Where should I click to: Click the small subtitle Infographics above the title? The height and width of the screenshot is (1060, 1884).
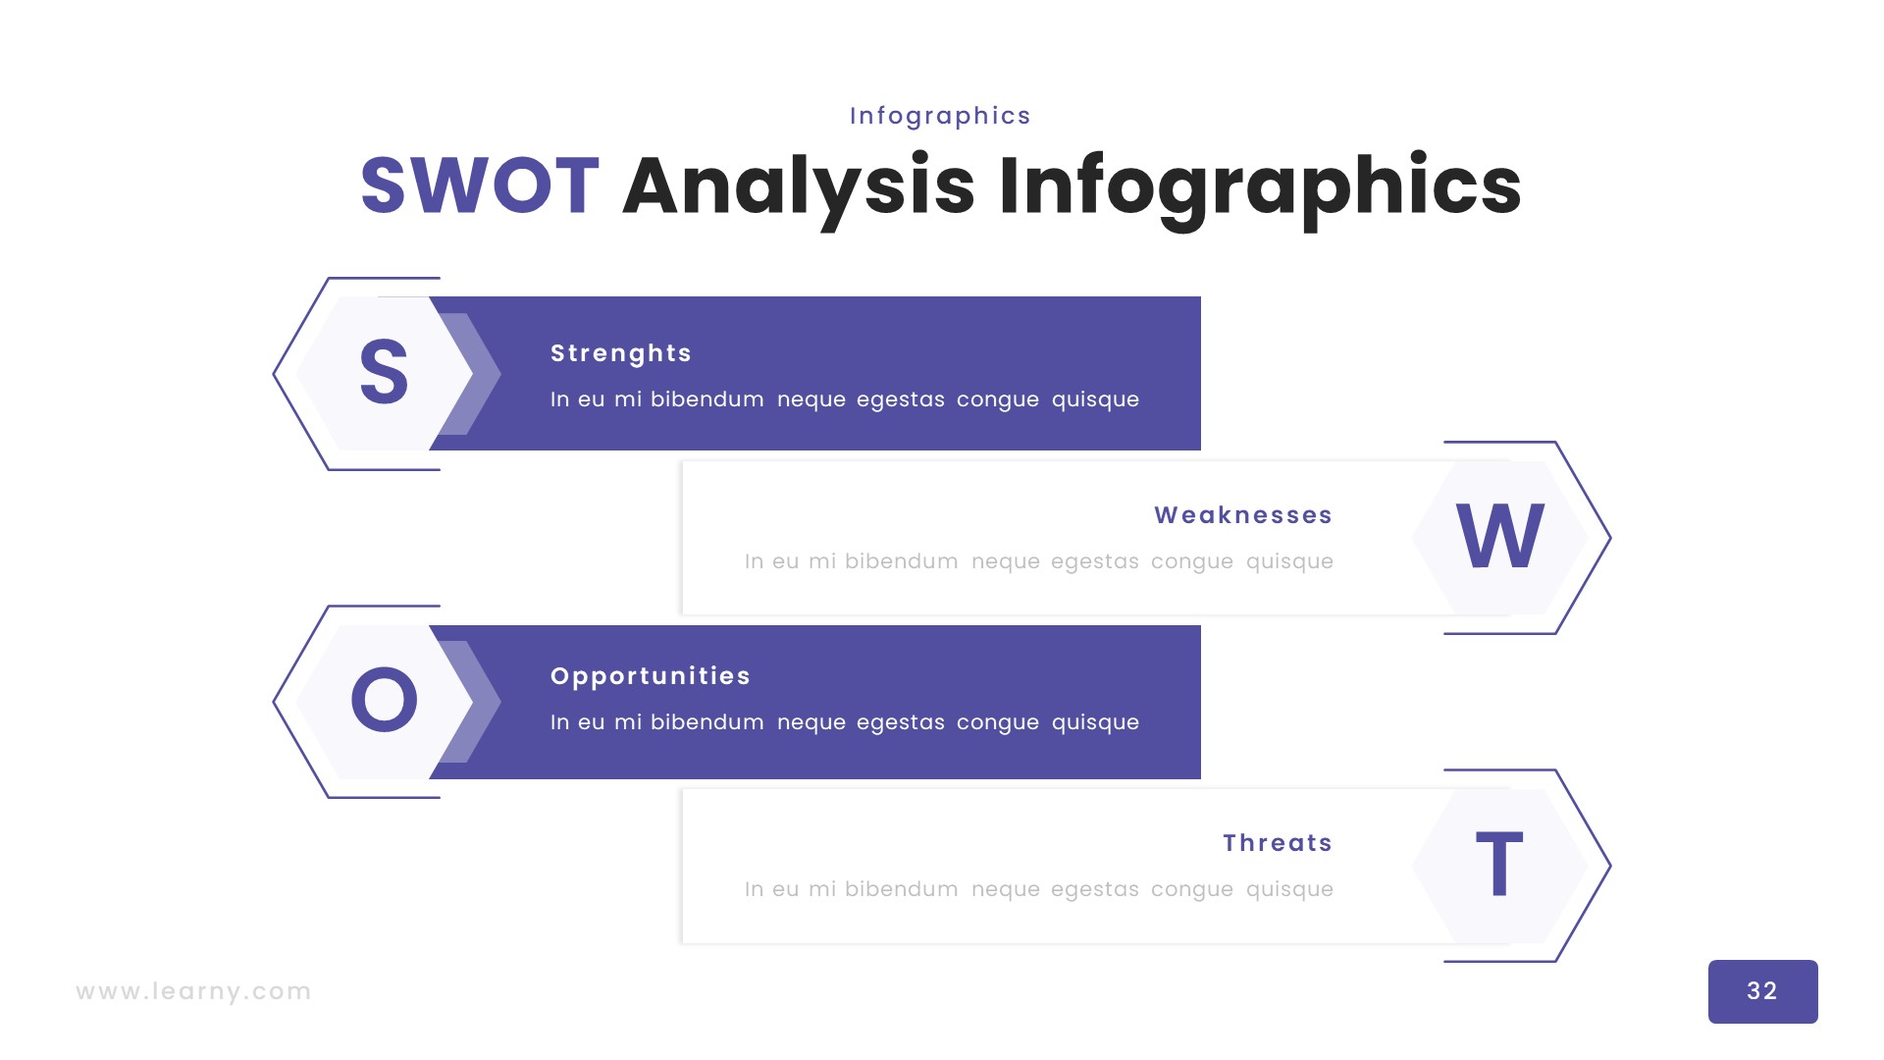pos(940,117)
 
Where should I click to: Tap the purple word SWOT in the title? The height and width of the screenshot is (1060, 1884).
pos(480,185)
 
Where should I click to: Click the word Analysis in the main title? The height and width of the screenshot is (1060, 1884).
pos(799,188)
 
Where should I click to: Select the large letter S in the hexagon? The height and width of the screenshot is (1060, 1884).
pos(384,372)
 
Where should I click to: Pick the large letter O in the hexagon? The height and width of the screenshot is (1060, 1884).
pos(384,700)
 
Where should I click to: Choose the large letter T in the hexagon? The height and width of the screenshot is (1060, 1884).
pos(1499,864)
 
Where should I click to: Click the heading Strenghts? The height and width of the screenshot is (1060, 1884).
pos(621,353)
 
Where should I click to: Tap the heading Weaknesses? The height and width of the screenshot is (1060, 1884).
pos(1243,515)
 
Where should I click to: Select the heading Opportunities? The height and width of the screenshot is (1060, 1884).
pos(651,676)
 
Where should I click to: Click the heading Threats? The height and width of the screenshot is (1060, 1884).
pos(1278,843)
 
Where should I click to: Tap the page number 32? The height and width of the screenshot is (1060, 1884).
pos(1762,991)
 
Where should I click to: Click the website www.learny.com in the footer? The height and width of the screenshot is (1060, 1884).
pos(193,991)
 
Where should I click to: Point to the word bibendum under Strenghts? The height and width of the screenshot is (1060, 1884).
pos(706,399)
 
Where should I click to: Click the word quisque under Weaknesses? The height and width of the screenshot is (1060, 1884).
pos(1289,562)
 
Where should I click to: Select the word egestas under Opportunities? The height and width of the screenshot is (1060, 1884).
pos(900,723)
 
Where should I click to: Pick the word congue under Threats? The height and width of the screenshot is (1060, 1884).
pos(1191,890)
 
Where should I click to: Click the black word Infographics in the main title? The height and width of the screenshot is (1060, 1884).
pos(1260,188)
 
